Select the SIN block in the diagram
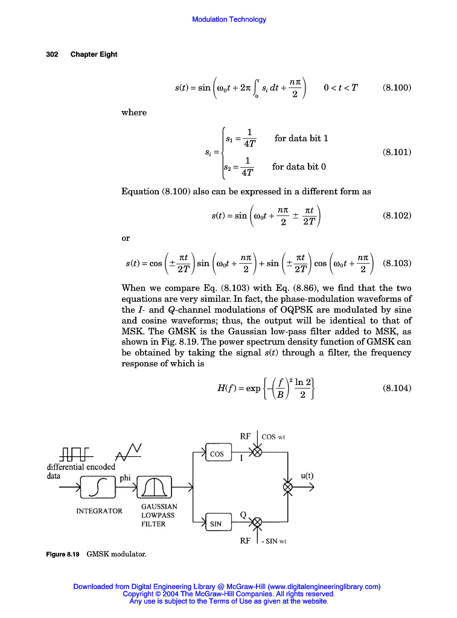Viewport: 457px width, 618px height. [x=216, y=524]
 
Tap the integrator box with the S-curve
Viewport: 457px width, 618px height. [x=101, y=486]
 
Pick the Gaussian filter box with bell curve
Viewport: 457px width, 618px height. [x=155, y=486]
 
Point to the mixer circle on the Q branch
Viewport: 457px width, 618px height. [x=257, y=521]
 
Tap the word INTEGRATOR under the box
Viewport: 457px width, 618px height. [x=99, y=511]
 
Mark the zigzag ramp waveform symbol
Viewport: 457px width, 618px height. [x=129, y=450]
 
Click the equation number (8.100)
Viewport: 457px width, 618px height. [x=397, y=88]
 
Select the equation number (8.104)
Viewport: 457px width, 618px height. [x=397, y=388]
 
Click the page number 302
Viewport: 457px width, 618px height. [x=52, y=54]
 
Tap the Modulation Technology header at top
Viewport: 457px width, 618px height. [x=229, y=19]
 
